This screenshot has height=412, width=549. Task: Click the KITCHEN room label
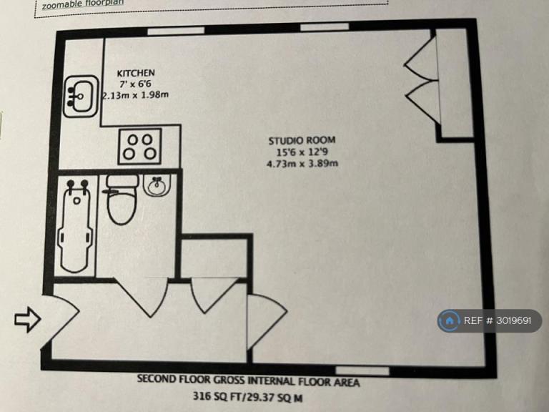tap(136, 73)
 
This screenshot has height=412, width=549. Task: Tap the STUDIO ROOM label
tap(302, 140)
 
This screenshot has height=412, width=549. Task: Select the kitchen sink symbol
tap(81, 97)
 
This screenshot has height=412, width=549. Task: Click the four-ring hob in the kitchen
tap(140, 147)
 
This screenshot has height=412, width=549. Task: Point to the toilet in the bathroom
tap(121, 199)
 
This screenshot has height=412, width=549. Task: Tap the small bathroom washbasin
tap(157, 185)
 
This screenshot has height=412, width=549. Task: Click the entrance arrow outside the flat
tap(28, 319)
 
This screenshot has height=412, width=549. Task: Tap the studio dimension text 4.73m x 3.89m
tap(302, 163)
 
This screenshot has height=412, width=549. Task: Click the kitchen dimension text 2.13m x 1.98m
tap(135, 95)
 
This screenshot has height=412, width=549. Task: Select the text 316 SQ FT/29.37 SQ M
tap(248, 397)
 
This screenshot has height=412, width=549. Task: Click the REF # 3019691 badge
tap(490, 320)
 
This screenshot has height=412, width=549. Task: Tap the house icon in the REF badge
tap(449, 320)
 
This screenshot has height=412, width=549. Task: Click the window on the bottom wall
tap(362, 371)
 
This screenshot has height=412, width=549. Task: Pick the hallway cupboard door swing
tap(213, 295)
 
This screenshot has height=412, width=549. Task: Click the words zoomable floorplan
tap(83, 4)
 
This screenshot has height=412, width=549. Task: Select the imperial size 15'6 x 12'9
tap(302, 152)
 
